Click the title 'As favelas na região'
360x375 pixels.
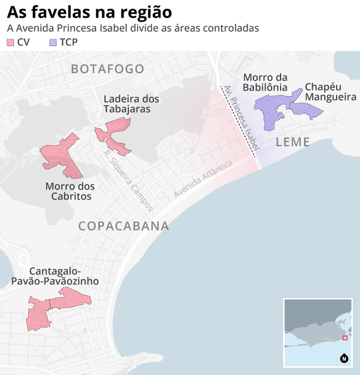(89, 12)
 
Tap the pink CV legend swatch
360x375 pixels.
(10, 42)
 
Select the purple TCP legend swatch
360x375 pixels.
(53, 42)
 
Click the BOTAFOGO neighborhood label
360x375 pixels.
(108, 69)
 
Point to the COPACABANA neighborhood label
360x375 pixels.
(124, 226)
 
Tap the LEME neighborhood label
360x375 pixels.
(293, 142)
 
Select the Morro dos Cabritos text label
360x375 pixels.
(70, 191)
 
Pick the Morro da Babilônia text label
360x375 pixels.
(265, 82)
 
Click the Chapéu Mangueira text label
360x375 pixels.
(330, 92)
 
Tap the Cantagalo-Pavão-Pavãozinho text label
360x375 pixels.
(55, 276)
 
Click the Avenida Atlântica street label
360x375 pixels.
(203, 179)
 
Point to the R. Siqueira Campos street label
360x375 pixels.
(128, 181)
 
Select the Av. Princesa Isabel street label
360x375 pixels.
(242, 118)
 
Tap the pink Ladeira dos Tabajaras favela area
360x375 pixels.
(114, 135)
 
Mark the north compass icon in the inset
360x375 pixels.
(344, 358)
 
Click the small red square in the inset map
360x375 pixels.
(344, 338)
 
